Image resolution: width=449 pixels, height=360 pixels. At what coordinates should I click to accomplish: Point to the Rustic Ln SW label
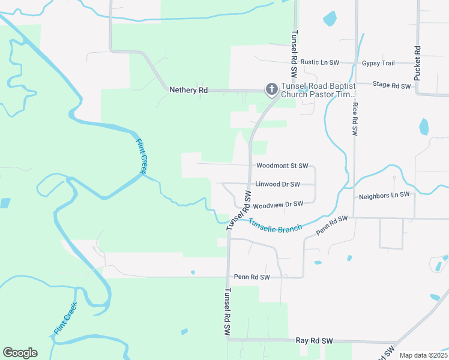pyautogui.click(x=320, y=62)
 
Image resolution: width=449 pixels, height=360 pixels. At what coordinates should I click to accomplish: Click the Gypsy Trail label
pyautogui.click(x=378, y=63)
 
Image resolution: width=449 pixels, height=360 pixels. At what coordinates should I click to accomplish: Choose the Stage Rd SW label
pyautogui.click(x=391, y=86)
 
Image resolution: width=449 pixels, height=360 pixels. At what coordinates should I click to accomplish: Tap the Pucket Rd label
pyautogui.click(x=418, y=63)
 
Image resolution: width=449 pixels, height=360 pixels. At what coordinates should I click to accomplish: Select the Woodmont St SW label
pyautogui.click(x=282, y=166)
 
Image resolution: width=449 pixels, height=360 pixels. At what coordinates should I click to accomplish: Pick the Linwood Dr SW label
pyautogui.click(x=277, y=184)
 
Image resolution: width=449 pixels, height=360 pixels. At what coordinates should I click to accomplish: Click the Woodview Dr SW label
pyautogui.click(x=278, y=204)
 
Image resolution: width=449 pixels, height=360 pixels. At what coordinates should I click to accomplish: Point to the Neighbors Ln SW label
pyautogui.click(x=384, y=196)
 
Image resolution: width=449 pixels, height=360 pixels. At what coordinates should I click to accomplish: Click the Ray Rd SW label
pyautogui.click(x=314, y=341)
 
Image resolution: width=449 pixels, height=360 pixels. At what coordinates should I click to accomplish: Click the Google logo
pyautogui.click(x=20, y=353)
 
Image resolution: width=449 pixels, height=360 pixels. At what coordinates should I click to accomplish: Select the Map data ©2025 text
pyautogui.click(x=424, y=355)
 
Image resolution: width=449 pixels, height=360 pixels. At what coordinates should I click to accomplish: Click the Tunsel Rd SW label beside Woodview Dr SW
pyautogui.click(x=239, y=211)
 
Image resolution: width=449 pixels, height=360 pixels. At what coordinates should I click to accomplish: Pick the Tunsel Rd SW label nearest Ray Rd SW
pyautogui.click(x=227, y=313)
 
